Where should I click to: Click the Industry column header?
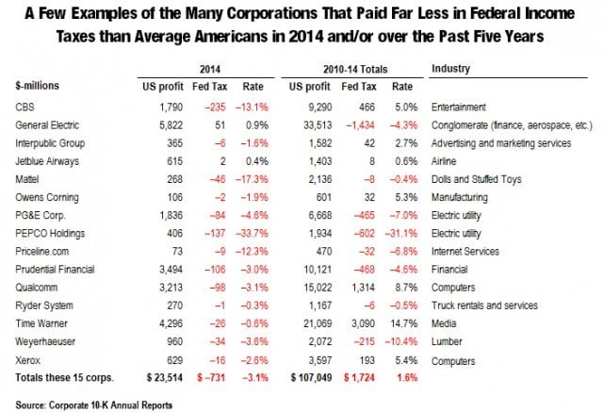tap(452, 70)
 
